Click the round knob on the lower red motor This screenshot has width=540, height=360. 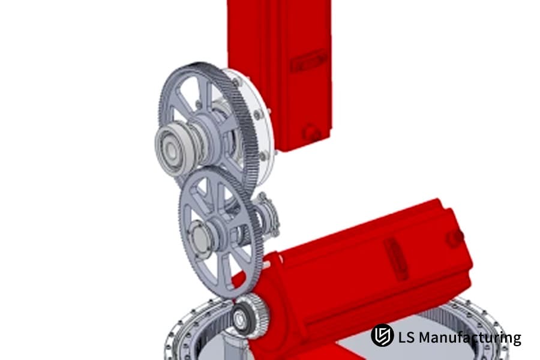pos(455,238)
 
